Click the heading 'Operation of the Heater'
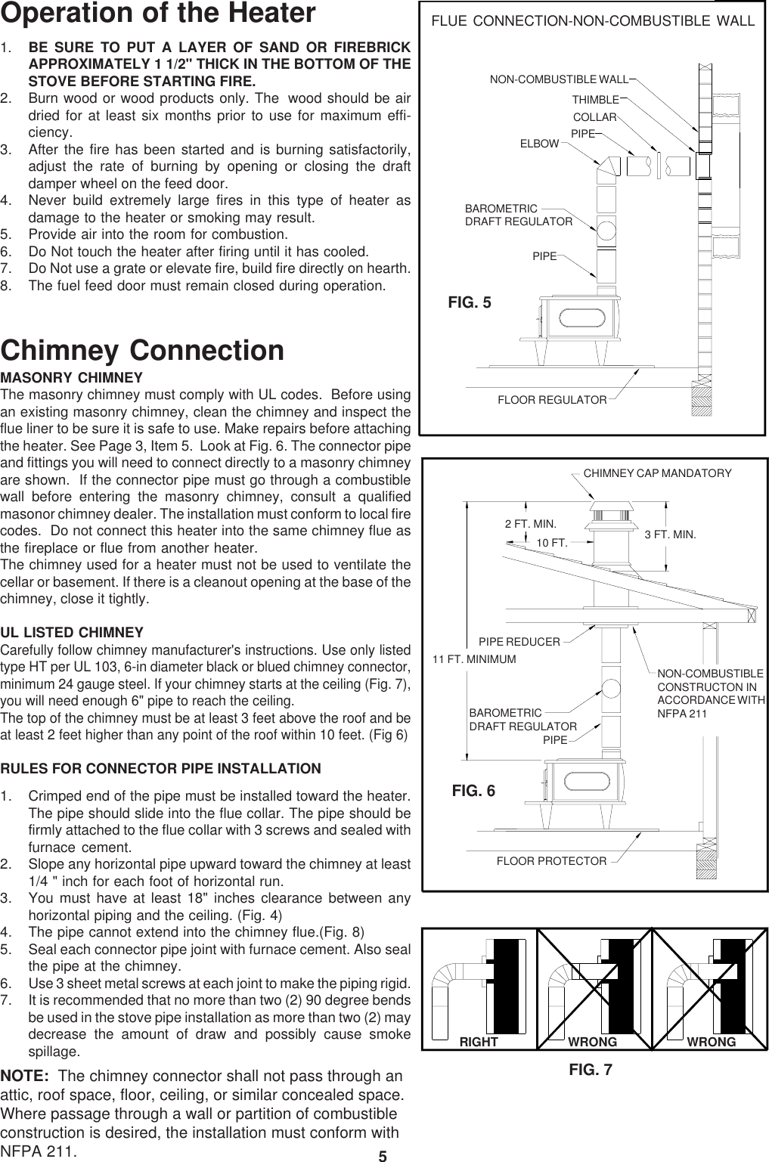click(x=158, y=14)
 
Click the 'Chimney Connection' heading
click(x=143, y=351)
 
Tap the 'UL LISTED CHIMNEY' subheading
click(x=72, y=632)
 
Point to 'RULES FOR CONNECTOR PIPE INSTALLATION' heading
click(x=160, y=769)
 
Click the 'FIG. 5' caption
click(x=470, y=303)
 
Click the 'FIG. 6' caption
click(x=473, y=791)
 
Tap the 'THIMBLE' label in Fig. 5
click(x=595, y=100)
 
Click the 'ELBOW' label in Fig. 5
click(x=539, y=143)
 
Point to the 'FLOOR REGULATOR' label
click(x=552, y=399)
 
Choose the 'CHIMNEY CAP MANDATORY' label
click(x=658, y=473)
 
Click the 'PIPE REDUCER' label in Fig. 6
click(x=519, y=642)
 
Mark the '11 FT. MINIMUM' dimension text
click(x=474, y=659)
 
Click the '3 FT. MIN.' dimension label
click(x=670, y=535)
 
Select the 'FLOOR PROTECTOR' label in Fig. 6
click(x=551, y=861)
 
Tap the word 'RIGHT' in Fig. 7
click(x=479, y=1042)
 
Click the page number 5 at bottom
click(x=383, y=1155)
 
